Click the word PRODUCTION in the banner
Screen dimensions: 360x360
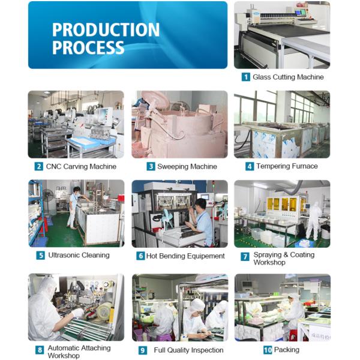(106, 29)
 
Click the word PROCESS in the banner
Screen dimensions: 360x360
(88, 47)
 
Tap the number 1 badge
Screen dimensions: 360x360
(245, 77)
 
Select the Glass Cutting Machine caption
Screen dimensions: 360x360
(288, 77)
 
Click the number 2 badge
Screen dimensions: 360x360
(38, 166)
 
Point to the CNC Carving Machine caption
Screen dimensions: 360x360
(81, 166)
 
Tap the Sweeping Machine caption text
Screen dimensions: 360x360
(187, 166)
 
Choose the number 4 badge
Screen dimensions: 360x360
(250, 166)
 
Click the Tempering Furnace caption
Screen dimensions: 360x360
(287, 166)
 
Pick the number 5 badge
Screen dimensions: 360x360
(40, 256)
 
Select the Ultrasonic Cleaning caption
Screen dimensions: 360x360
(79, 255)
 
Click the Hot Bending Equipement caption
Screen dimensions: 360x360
(185, 256)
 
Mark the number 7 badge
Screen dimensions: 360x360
(245, 257)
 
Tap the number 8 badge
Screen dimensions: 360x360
(40, 350)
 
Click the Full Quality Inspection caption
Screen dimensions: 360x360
(188, 350)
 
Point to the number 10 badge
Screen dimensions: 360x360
(268, 350)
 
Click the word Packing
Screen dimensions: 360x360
(287, 350)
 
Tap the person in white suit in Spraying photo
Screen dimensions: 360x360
(314, 221)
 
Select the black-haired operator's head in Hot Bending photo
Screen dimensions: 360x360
(200, 204)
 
